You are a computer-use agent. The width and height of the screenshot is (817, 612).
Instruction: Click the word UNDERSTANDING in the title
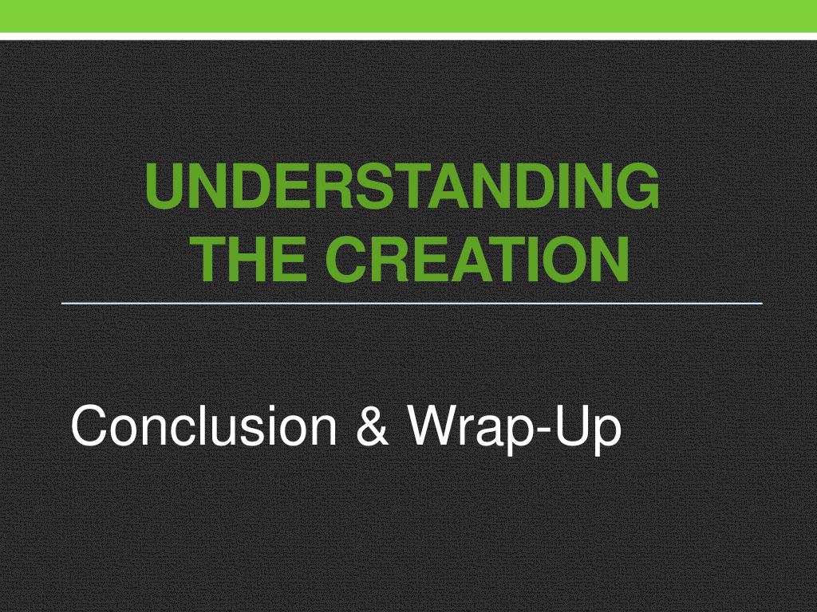pos(402,186)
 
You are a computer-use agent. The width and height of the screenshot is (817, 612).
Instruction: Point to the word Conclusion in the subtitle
pos(203,426)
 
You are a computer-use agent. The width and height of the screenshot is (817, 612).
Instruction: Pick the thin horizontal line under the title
pos(412,303)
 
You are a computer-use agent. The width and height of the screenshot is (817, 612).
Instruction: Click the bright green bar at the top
pos(408,16)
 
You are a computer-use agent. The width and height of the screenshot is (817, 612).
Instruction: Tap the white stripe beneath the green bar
pos(408,37)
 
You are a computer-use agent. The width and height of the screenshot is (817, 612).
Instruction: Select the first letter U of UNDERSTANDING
pos(166,186)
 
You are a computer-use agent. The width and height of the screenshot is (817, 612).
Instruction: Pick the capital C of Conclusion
pos(90,426)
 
